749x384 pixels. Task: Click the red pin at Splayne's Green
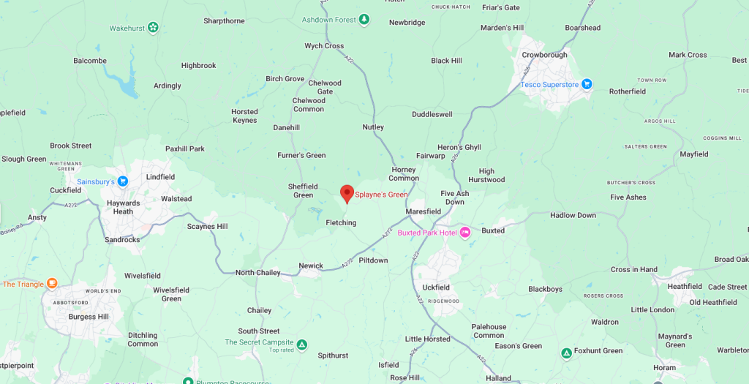point(347,193)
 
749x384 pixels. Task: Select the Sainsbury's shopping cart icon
point(123,181)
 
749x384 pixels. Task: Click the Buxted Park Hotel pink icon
point(465,233)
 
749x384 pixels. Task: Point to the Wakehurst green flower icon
point(153,28)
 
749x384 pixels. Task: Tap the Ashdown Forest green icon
point(364,19)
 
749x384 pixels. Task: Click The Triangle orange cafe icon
point(52,284)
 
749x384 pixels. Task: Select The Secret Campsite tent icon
point(301,343)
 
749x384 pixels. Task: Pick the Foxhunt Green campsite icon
point(565,353)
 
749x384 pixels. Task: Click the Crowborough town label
point(544,55)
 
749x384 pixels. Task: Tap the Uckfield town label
point(436,287)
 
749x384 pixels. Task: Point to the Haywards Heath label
point(123,207)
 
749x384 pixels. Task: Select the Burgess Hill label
point(88,317)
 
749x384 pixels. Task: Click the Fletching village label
point(341,223)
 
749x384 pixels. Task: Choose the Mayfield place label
point(693,154)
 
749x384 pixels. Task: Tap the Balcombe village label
point(90,61)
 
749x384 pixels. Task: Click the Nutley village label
point(373,127)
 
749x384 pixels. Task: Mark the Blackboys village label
point(545,289)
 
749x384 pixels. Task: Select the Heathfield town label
point(684,287)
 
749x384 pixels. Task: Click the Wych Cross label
point(324,46)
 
